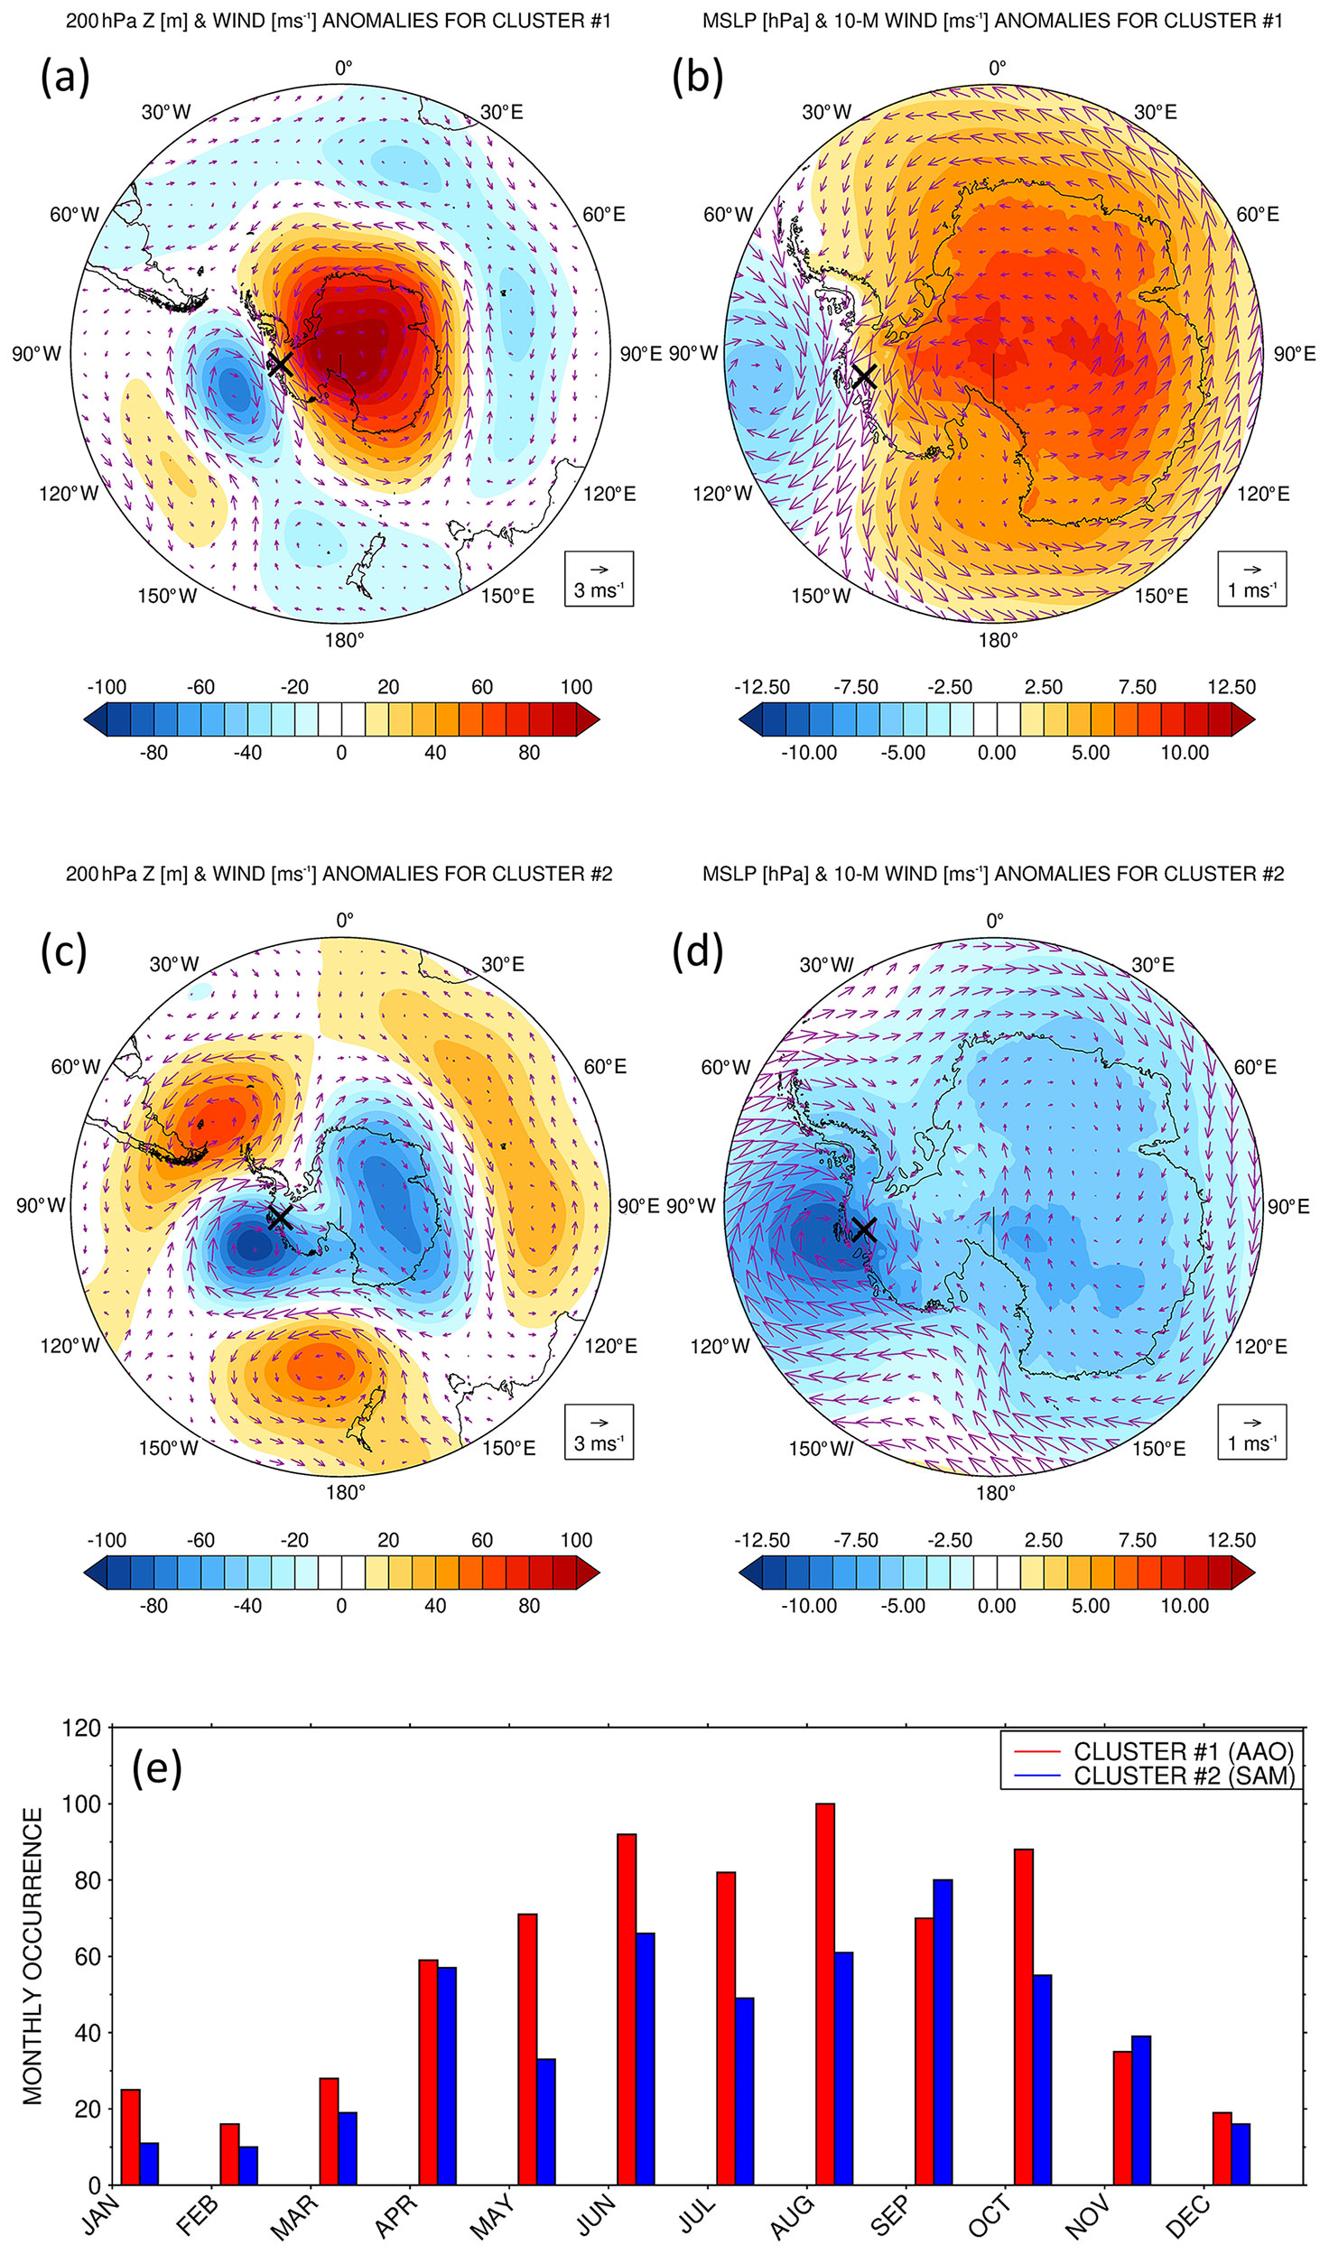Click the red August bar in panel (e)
click(824, 1995)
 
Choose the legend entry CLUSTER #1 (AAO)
click(1183, 1751)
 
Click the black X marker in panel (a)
click(280, 365)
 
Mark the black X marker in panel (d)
click(864, 1229)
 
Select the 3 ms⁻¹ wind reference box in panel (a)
click(599, 579)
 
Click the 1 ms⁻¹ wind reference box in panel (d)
click(1251, 1432)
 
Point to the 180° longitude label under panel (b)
click(998, 640)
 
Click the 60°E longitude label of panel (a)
click(603, 215)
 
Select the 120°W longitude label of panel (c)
click(70, 1346)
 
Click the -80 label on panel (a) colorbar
click(153, 753)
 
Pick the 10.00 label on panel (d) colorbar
click(1184, 1606)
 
